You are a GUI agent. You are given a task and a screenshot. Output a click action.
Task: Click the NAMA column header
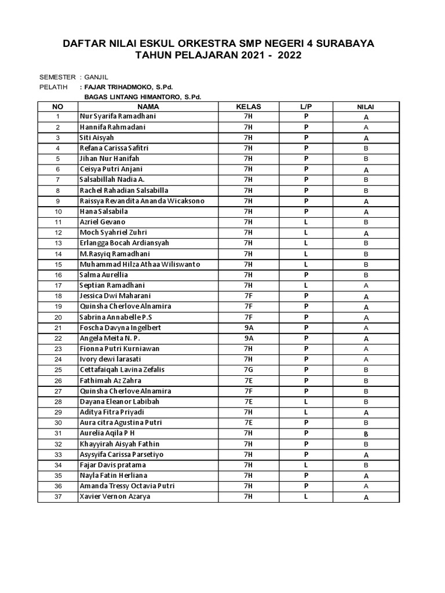tap(148, 107)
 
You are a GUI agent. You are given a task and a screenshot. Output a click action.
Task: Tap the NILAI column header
tap(366, 107)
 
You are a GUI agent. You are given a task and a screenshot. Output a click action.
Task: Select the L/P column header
tap(306, 107)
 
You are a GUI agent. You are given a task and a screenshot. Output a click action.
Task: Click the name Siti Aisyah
tap(97, 138)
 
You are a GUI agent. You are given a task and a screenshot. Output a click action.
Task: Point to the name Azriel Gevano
tap(102, 222)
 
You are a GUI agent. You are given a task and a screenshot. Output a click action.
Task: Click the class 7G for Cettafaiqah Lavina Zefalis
tap(248, 369)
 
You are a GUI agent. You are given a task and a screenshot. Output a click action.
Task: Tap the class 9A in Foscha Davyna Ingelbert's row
tap(248, 327)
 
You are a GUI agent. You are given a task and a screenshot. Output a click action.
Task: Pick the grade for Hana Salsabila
tap(366, 212)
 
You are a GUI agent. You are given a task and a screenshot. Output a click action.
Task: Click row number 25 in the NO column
tap(58, 370)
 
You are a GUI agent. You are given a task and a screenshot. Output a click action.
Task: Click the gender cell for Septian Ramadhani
tap(306, 285)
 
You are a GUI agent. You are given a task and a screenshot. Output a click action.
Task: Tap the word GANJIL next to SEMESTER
tap(96, 77)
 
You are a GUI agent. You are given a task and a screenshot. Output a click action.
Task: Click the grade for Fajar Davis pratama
tap(366, 465)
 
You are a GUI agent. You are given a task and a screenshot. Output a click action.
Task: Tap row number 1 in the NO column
tap(58, 117)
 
